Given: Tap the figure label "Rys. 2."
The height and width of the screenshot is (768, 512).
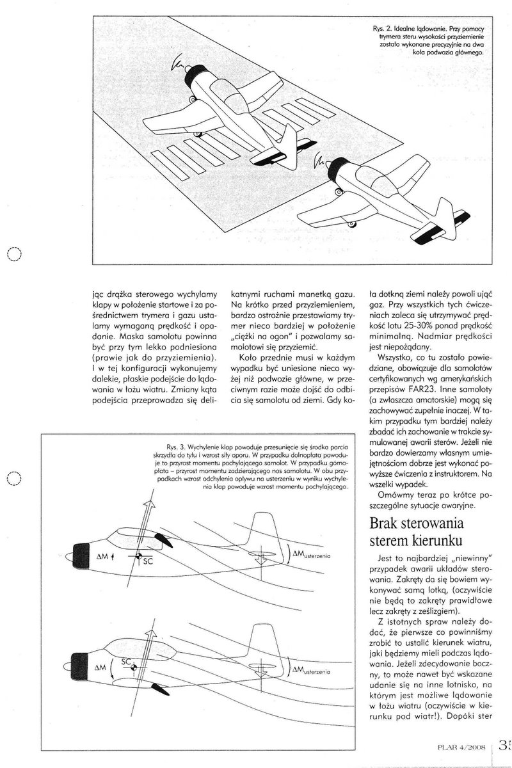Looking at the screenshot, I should [x=382, y=30].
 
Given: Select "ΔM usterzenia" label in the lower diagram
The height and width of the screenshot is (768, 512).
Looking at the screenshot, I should [x=312, y=671].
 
